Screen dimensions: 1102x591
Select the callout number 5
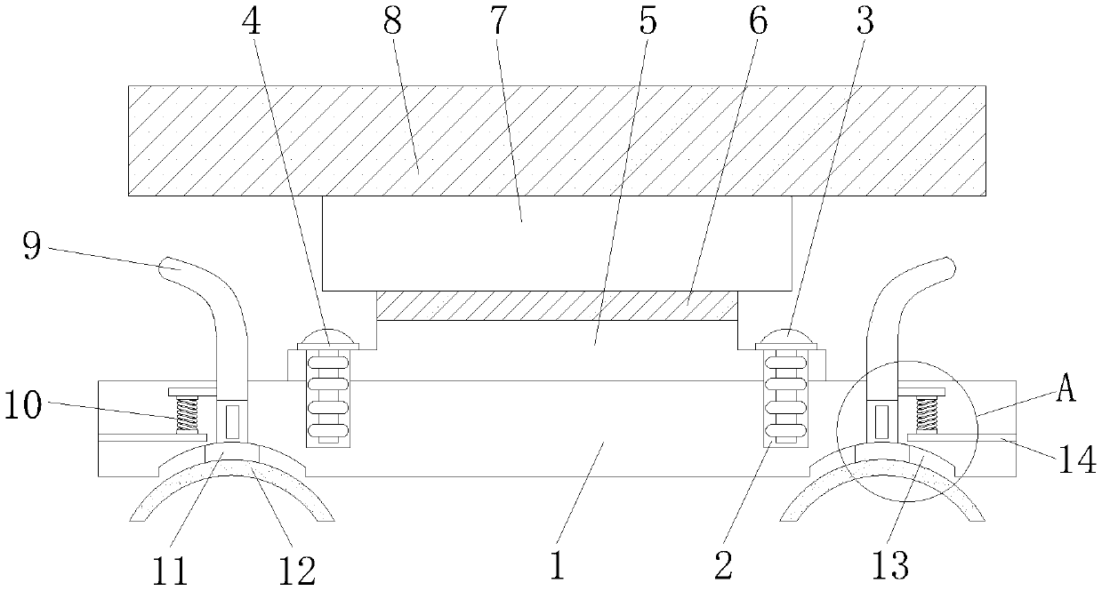[x=648, y=23]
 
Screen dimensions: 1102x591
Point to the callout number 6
[x=756, y=23]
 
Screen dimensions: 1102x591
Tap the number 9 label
[x=31, y=246]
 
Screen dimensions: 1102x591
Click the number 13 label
[x=889, y=563]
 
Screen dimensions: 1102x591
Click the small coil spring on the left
[x=187, y=414]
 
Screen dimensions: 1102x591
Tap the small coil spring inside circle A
[x=927, y=414]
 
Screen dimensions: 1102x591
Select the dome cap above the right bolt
[x=787, y=338]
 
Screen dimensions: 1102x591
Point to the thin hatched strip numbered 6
[x=557, y=307]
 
